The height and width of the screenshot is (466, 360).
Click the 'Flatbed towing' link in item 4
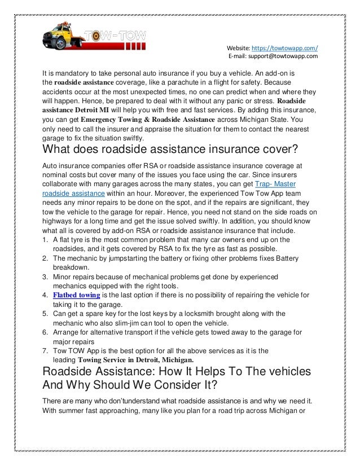click(x=77, y=295)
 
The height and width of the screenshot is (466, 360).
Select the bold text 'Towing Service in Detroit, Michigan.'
click(x=135, y=359)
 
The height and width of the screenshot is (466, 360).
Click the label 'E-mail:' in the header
click(x=238, y=56)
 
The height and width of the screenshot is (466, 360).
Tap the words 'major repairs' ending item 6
click(x=73, y=341)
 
